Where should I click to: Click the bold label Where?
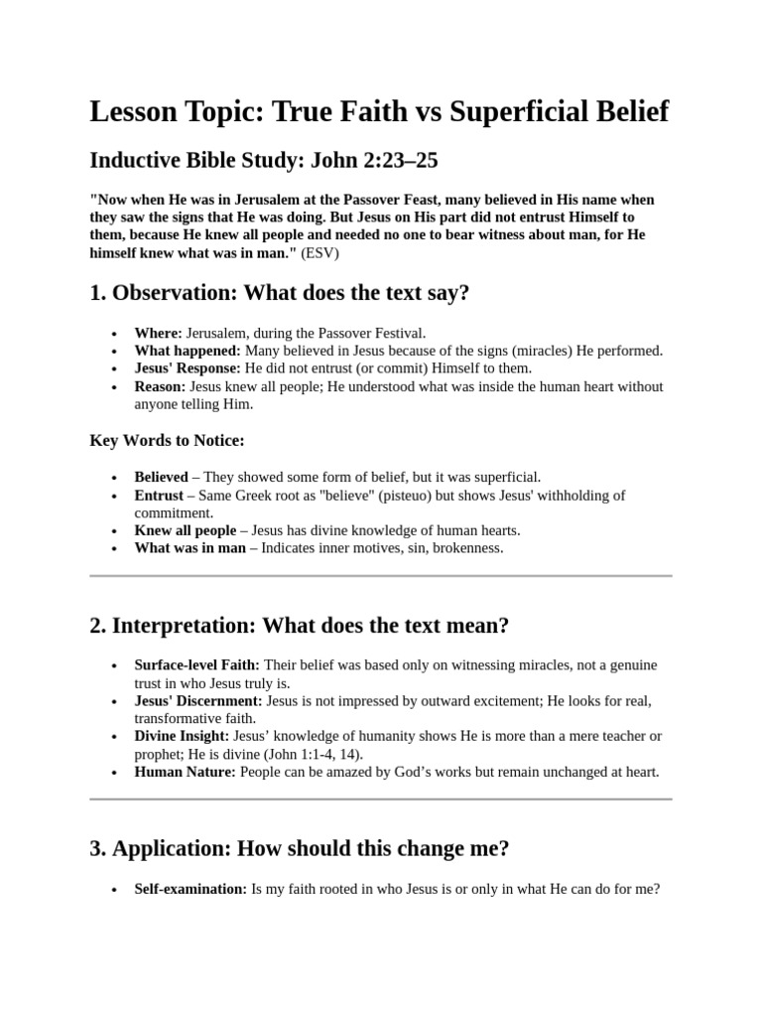tap(159, 333)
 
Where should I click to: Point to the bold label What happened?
tap(188, 351)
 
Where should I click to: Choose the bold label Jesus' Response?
tap(188, 368)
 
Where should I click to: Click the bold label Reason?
tap(160, 386)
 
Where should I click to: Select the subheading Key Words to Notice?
tap(167, 440)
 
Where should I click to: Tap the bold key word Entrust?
tap(159, 495)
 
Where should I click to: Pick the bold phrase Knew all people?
tap(186, 530)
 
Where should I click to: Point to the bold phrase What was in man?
tap(190, 548)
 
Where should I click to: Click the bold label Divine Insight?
tap(182, 736)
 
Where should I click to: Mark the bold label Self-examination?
tap(190, 889)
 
